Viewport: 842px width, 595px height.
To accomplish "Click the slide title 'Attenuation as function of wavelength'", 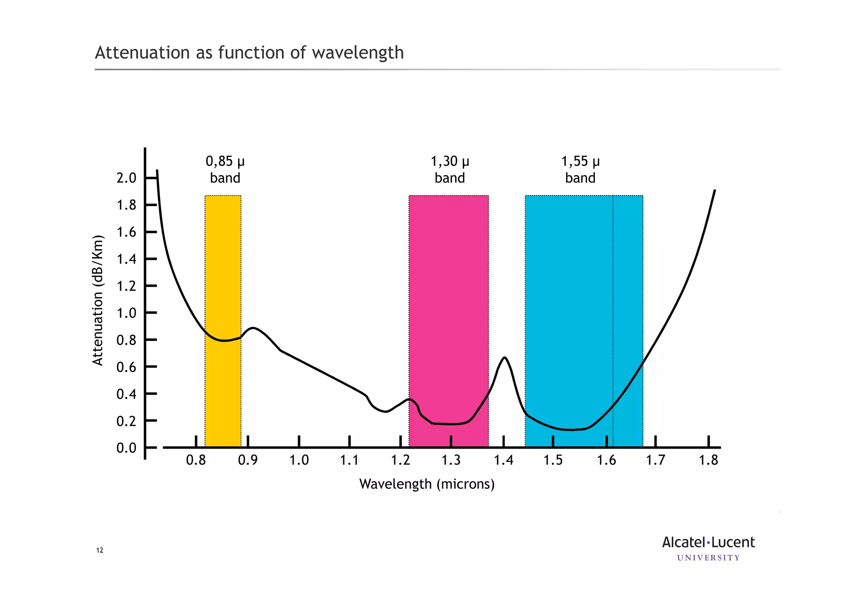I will (249, 53).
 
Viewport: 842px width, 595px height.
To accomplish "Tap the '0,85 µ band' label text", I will (225, 169).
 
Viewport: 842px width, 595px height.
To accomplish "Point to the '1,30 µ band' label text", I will (450, 169).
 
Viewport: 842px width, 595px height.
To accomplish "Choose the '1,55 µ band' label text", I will (580, 169).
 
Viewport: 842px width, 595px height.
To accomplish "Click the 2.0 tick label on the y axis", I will (126, 178).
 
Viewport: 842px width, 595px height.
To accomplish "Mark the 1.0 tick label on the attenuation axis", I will (126, 313).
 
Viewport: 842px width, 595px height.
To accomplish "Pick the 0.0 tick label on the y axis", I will (126, 448).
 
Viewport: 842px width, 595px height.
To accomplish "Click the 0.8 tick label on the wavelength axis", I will (196, 460).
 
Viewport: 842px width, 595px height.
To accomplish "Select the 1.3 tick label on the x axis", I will (451, 460).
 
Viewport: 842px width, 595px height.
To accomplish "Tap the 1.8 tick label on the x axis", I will (708, 460).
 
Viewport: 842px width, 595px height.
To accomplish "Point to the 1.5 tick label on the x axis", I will (553, 460).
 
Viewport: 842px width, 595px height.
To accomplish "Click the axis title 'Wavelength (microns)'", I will (427, 484).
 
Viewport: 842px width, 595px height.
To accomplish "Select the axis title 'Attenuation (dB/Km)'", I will (97, 300).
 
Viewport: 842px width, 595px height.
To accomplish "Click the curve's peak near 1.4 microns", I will (504, 358).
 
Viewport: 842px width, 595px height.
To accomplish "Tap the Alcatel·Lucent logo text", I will (708, 542).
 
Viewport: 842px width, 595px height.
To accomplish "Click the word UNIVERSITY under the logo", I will (708, 558).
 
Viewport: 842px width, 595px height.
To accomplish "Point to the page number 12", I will (99, 551).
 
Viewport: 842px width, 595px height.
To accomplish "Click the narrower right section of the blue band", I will (628, 288).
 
